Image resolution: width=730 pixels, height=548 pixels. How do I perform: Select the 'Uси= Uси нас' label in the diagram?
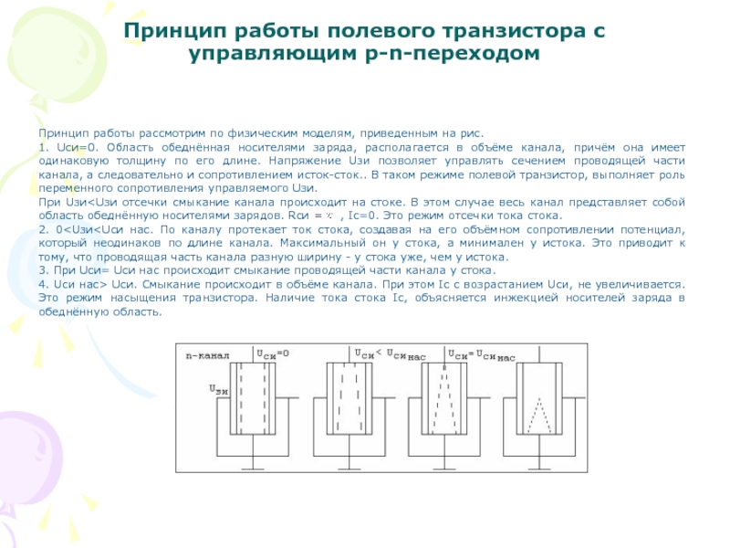pyautogui.click(x=482, y=354)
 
